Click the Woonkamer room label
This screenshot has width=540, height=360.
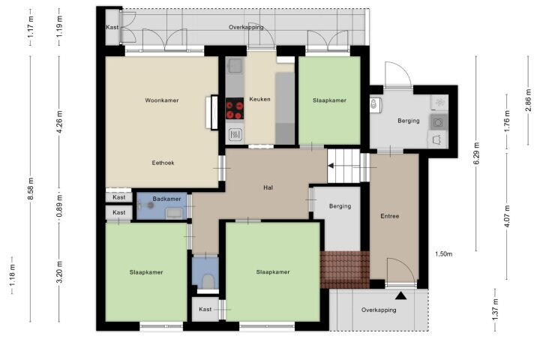(x=162, y=100)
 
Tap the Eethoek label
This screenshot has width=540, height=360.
(x=163, y=163)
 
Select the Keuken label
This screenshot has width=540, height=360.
(x=259, y=99)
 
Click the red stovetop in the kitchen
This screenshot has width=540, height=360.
(x=235, y=109)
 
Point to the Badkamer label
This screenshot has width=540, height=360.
(x=166, y=199)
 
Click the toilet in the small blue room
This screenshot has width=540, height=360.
(x=208, y=281)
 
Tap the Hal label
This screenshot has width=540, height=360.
(x=268, y=187)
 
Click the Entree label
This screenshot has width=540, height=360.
(x=390, y=216)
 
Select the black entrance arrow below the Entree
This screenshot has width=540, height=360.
(x=400, y=295)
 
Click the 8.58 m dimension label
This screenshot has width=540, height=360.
(x=31, y=189)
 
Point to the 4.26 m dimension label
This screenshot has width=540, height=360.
(x=60, y=122)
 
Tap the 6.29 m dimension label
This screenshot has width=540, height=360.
(x=477, y=154)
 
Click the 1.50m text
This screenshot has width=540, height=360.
(x=443, y=254)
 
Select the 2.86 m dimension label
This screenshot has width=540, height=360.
(x=528, y=100)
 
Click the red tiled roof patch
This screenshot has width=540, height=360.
(x=345, y=270)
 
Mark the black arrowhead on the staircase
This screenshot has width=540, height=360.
(x=331, y=166)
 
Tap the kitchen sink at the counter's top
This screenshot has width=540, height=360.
(x=235, y=65)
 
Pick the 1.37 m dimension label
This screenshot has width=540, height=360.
(x=495, y=310)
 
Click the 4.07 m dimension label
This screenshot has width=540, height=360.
(x=507, y=216)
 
